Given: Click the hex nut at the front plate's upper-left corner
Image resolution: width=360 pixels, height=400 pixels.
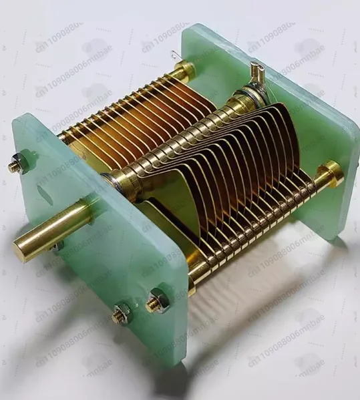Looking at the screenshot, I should (18, 163).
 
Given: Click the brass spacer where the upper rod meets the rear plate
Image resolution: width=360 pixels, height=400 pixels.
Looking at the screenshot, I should (185, 69).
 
